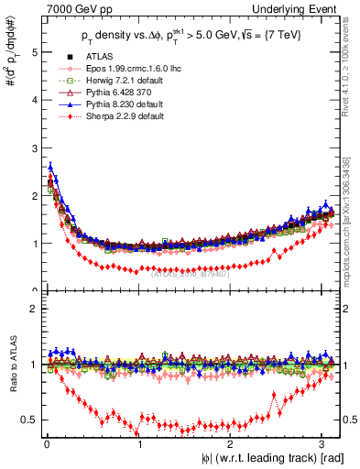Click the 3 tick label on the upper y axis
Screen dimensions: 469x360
click(x=32, y=148)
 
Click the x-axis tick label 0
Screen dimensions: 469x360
click(x=47, y=444)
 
